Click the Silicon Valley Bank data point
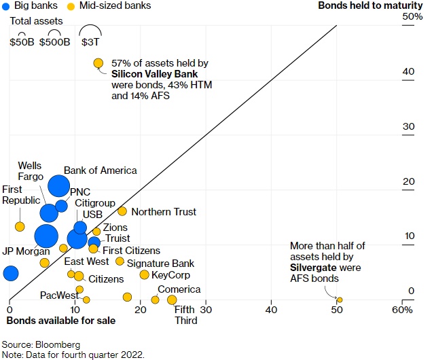98,63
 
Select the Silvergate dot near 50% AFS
340,300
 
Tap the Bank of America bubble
59,185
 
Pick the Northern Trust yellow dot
122,211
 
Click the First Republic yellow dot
20,226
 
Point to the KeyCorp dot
144,274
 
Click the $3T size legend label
90,42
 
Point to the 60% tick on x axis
402,310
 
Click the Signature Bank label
160,264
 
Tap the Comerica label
179,289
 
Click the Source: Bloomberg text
41,344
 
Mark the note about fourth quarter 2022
73,354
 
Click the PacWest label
56,295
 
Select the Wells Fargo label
30,171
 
